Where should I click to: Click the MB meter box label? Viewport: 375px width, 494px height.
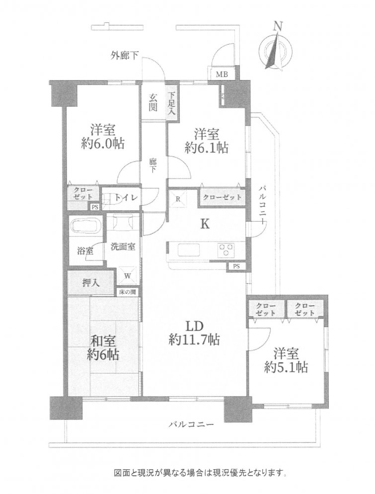click(x=221, y=75)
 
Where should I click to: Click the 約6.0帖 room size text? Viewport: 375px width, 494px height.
click(x=102, y=144)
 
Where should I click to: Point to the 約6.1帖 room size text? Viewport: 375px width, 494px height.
click(x=206, y=148)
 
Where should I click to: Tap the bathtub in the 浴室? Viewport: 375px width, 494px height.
click(x=85, y=226)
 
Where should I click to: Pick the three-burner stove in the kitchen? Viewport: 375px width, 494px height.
click(x=226, y=250)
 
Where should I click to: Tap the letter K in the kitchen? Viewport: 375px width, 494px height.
click(x=205, y=224)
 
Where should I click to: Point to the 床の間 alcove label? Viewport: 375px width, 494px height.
click(x=128, y=292)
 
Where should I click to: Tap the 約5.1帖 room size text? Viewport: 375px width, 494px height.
click(x=286, y=367)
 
